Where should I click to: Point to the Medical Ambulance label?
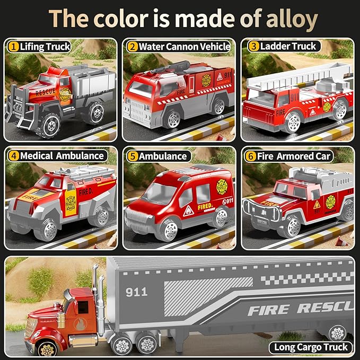(62, 156)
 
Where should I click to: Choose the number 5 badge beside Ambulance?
(132, 156)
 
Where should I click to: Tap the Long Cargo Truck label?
(311, 347)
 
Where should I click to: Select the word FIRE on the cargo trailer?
(271, 309)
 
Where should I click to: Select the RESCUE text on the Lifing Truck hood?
(45, 92)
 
